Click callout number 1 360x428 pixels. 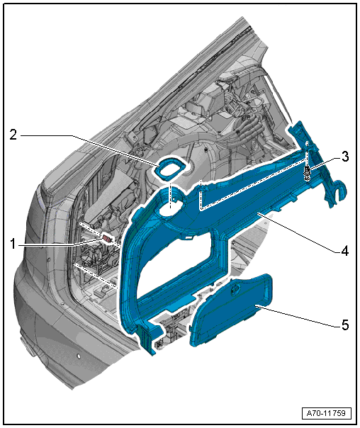click(x=13, y=244)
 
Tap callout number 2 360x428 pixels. click(x=13, y=135)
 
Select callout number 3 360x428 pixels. click(x=345, y=157)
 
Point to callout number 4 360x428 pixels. click(x=344, y=251)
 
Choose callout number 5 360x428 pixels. click(x=345, y=325)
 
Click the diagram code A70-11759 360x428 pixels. click(x=326, y=413)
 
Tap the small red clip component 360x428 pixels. click(x=107, y=239)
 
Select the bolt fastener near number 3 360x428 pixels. click(x=308, y=174)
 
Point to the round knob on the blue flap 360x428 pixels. click(x=235, y=289)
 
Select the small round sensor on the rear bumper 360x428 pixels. click(x=79, y=356)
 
